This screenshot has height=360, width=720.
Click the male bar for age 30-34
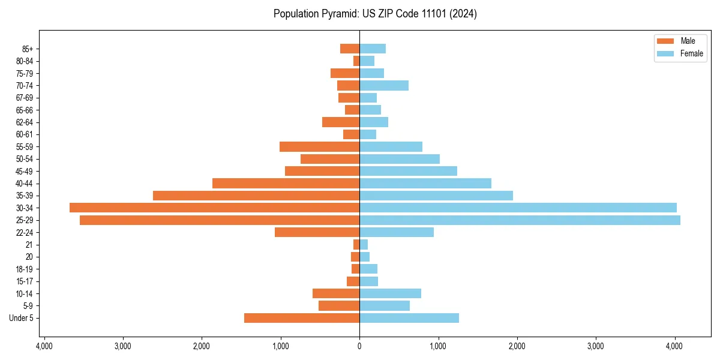[x=214, y=208]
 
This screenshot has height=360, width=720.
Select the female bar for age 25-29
[x=520, y=220]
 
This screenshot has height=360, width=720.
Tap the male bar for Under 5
[x=302, y=318]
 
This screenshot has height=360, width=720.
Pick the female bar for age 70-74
[x=384, y=86]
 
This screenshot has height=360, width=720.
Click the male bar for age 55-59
[x=319, y=146]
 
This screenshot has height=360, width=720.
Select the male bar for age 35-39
[x=256, y=196]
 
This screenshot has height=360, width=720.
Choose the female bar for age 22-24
[x=397, y=232]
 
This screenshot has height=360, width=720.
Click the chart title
[x=375, y=14]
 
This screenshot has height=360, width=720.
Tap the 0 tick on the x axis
[x=359, y=346]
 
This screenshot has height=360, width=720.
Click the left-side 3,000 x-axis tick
[x=122, y=346]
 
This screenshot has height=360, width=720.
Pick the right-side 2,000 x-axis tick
[x=517, y=346]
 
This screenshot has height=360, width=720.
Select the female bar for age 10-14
[x=390, y=293]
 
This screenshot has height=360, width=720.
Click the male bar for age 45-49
[x=322, y=171]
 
